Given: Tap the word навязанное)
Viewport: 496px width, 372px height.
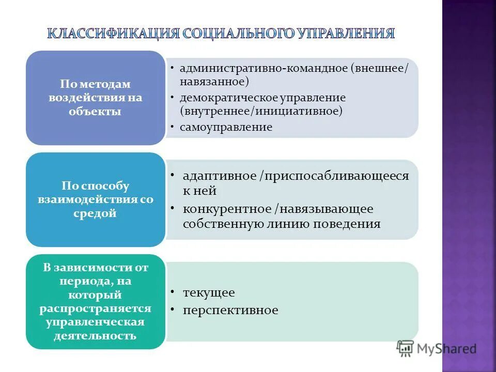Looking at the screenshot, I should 214,82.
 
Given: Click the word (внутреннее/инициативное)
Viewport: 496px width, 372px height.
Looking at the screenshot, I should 261,111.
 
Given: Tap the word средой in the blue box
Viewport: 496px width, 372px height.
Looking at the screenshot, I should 95,213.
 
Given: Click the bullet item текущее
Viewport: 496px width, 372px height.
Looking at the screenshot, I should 209,293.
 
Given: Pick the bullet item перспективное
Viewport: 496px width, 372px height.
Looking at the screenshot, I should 230,310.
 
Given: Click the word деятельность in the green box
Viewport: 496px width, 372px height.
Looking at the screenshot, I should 95,336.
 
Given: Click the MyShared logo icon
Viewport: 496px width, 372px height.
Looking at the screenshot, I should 406,349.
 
